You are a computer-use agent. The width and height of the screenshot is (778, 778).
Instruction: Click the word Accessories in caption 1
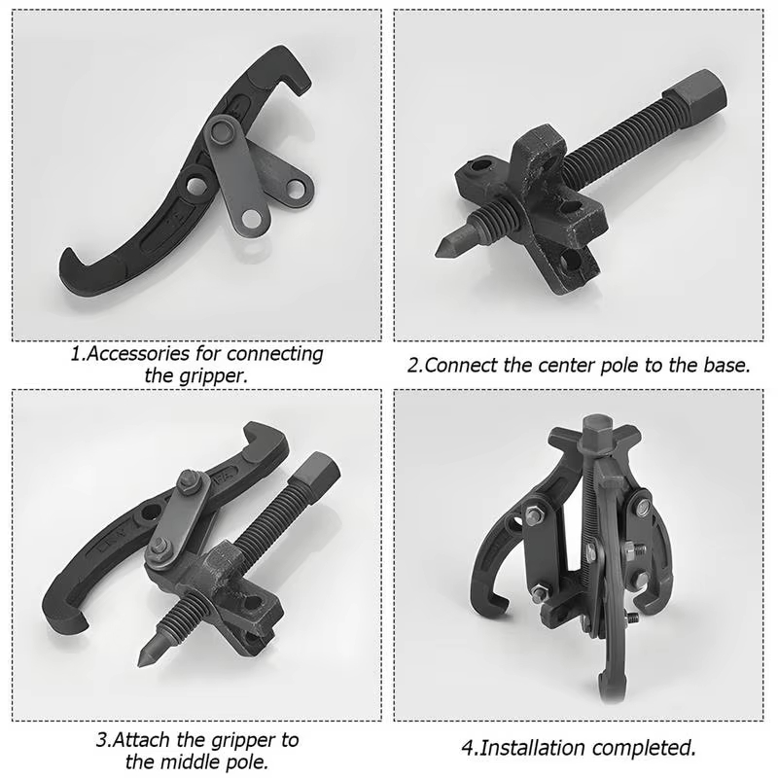138,354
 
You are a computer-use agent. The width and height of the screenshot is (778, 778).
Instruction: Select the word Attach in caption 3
142,740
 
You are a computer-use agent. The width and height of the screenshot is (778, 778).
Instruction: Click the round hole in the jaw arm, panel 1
197,185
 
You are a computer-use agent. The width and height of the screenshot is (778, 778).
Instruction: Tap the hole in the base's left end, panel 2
480,167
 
